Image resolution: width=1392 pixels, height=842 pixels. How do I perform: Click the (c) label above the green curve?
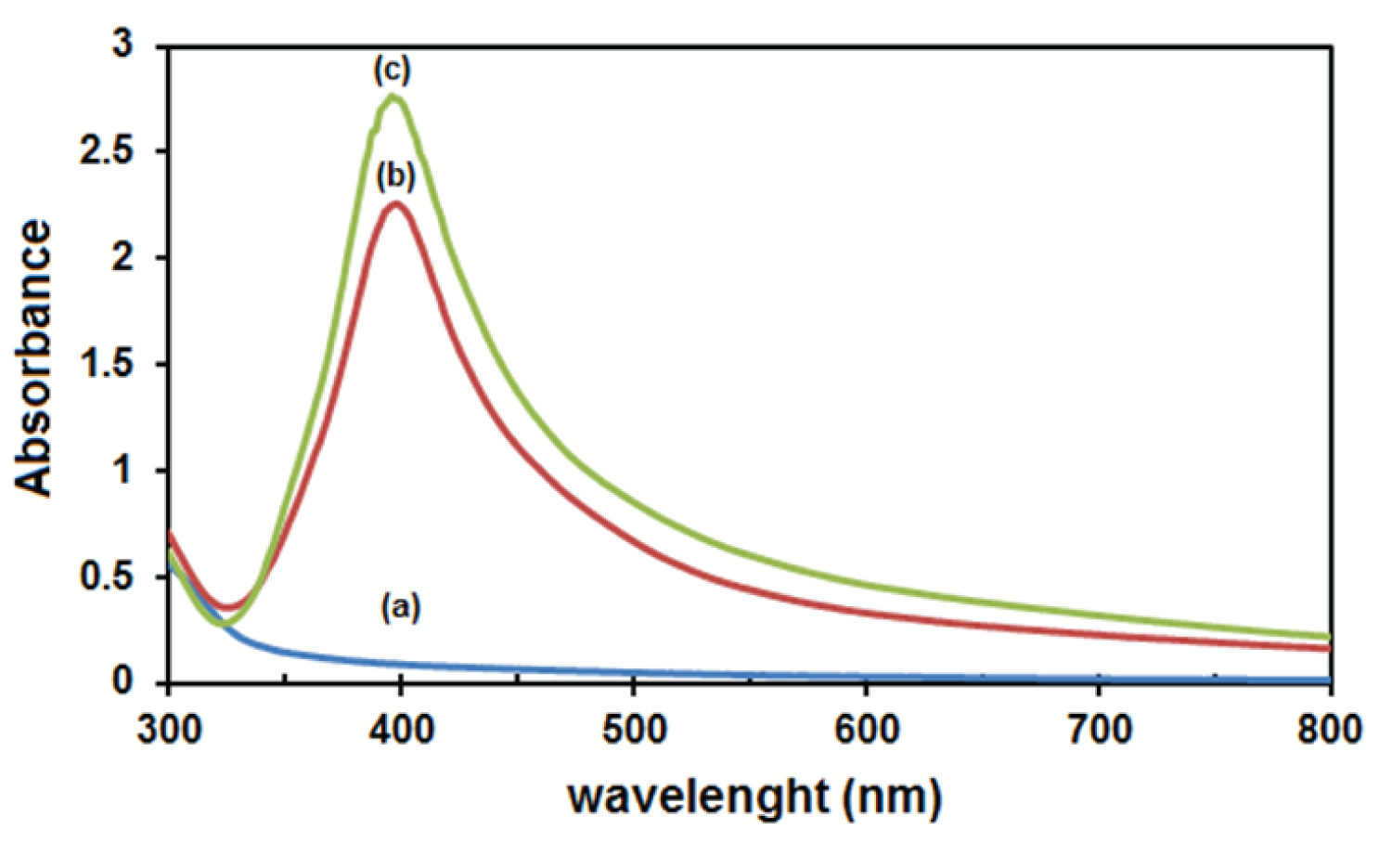click(x=392, y=70)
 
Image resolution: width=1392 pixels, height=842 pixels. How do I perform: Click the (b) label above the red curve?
click(x=395, y=175)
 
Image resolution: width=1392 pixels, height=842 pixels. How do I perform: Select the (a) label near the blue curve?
click(x=401, y=608)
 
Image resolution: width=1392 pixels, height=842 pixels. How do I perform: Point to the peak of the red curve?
click(x=396, y=203)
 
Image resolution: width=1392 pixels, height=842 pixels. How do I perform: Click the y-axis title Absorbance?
click(x=33, y=357)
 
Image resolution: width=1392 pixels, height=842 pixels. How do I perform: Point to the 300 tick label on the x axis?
click(x=169, y=730)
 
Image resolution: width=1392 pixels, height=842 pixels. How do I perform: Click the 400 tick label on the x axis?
click(x=400, y=730)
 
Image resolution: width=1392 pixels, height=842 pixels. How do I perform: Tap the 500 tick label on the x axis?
click(x=633, y=730)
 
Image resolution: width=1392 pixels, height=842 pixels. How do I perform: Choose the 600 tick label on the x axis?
click(x=866, y=730)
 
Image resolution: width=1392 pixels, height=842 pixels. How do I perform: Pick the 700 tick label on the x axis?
click(x=1099, y=730)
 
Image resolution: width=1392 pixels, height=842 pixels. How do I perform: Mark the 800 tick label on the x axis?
click(x=1331, y=730)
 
